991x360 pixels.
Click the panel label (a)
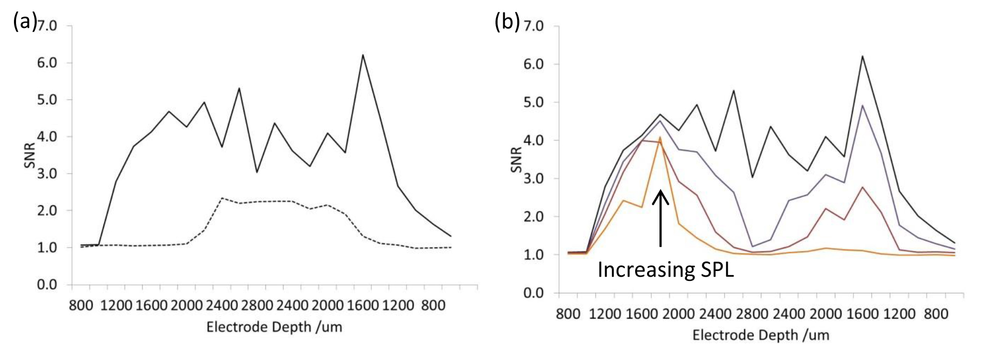point(24,23)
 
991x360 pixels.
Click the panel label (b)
point(507,23)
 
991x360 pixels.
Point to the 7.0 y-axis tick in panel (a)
point(47,26)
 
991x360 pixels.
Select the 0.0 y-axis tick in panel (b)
point(534,293)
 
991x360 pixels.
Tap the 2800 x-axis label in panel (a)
point(257,305)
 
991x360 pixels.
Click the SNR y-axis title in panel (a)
point(29,155)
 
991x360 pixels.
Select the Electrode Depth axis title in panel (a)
point(274,327)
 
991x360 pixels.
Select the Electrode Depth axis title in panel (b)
point(760,335)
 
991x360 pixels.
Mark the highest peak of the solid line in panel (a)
point(363,55)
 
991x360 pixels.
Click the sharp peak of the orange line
point(660,137)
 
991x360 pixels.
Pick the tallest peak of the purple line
point(862,106)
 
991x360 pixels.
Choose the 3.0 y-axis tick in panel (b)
point(534,178)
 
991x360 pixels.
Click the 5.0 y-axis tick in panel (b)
point(534,102)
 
